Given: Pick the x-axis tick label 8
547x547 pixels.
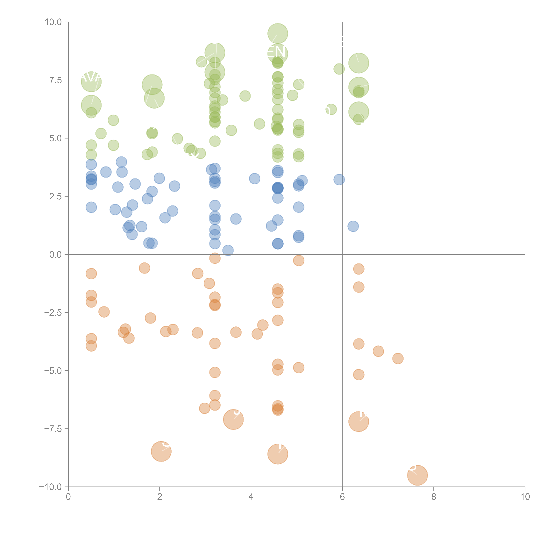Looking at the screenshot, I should pos(434,497).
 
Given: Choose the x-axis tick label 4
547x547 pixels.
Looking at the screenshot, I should pos(251,497).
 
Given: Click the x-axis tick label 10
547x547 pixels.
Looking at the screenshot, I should pos(525,497).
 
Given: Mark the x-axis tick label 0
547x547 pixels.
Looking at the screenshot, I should pos(68,497).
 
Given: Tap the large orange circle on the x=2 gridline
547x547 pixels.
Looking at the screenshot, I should pos(161,451).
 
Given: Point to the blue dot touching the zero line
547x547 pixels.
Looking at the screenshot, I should pos(228,250).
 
